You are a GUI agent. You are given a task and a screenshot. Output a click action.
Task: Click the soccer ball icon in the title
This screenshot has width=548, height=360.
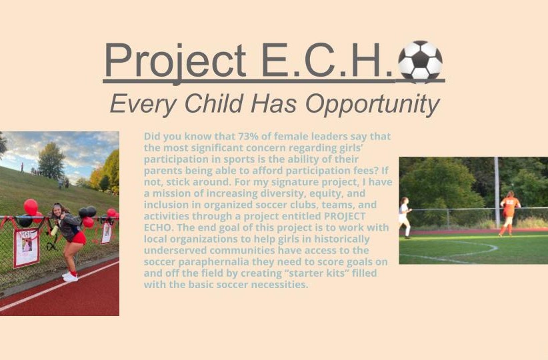tap(420, 62)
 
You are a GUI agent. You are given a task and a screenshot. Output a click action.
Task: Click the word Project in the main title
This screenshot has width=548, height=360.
tap(175, 61)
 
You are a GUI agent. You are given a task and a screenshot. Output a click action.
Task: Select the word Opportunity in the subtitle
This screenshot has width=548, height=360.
tap(373, 105)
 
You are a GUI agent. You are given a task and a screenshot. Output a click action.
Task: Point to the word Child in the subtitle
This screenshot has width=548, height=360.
tap(213, 103)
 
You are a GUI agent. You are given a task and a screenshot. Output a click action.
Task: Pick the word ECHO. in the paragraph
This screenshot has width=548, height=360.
tap(159, 227)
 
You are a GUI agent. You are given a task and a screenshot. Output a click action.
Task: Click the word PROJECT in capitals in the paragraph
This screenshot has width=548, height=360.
tap(345, 217)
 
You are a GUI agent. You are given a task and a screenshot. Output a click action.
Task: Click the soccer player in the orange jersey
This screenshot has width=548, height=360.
tap(509, 213)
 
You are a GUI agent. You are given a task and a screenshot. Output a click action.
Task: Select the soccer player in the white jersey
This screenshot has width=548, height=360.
tap(405, 217)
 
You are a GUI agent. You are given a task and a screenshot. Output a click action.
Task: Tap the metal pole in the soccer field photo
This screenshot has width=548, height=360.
tap(497, 193)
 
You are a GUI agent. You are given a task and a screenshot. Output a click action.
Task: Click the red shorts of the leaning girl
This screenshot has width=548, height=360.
tap(79, 238)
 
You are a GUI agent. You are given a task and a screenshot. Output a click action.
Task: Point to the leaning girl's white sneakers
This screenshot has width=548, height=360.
tap(70, 277)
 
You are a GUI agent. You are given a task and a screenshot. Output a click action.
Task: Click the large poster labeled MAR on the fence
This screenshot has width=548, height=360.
tap(26, 248)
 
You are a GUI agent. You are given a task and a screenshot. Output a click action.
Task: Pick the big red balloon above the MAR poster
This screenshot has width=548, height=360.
tap(31, 207)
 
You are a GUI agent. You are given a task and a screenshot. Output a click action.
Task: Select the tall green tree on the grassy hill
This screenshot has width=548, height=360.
tap(51, 161)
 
